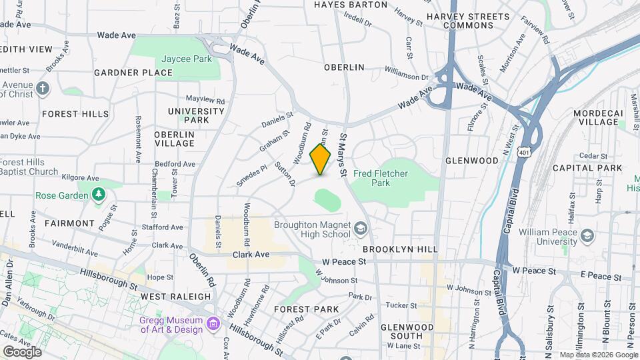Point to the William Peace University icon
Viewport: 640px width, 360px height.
[587, 236]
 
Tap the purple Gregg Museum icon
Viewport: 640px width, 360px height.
[213, 324]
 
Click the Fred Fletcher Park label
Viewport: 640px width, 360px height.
[381, 178]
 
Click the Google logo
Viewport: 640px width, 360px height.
[22, 351]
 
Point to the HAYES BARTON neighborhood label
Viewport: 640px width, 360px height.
[350, 5]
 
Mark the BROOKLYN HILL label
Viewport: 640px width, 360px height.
[400, 249]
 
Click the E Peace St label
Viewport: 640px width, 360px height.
[600, 276]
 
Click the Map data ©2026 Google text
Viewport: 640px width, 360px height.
[598, 355]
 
